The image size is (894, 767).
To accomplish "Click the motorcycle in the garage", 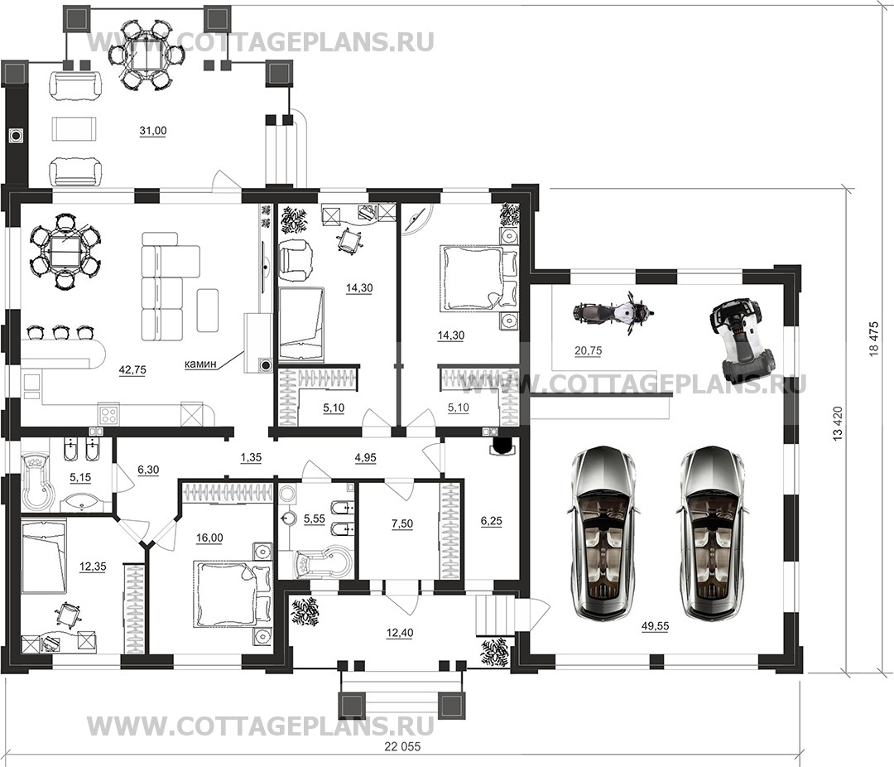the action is tap(613, 313).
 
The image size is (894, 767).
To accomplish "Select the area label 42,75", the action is tap(132, 369).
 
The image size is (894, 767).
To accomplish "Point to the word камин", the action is tap(200, 364).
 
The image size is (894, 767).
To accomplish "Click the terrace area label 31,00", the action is tap(153, 131).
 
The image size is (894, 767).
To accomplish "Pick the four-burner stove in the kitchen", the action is tap(109, 413).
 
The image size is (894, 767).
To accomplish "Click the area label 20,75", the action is tap(588, 351).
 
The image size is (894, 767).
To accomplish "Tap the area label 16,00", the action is tap(209, 538).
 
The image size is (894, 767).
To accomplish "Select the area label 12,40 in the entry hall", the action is tap(399, 632).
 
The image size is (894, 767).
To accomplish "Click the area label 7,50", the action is tap(402, 523).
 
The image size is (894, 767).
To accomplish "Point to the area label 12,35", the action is tap(93, 567).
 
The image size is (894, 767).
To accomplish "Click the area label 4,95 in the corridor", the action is tap(365, 457).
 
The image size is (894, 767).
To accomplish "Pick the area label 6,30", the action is tap(148, 470).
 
